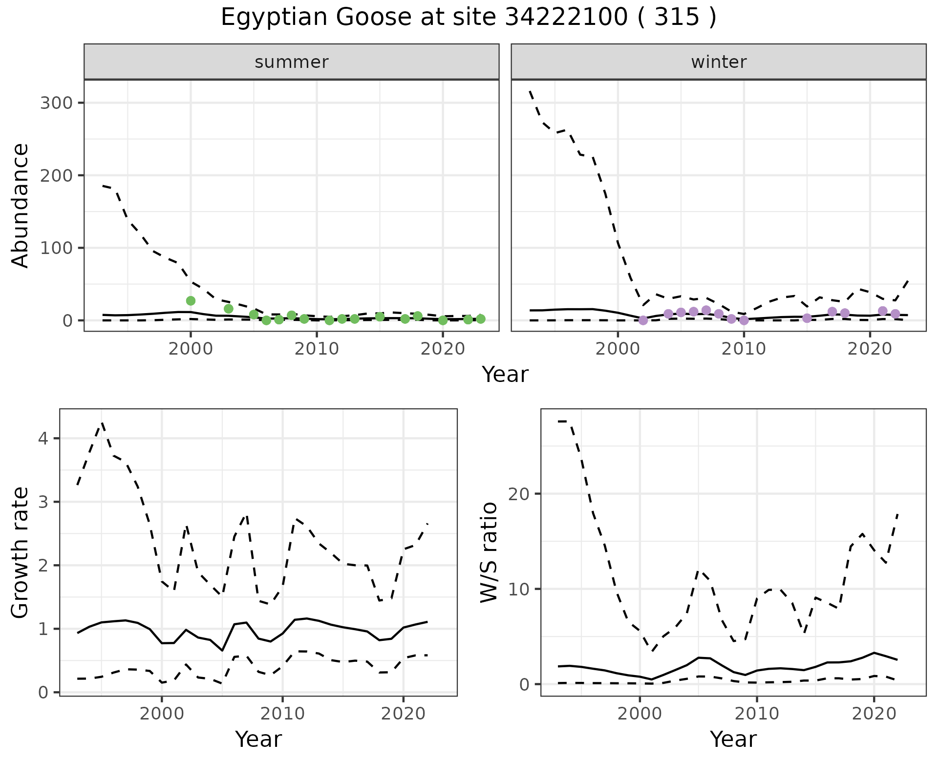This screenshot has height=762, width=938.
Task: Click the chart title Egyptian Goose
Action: tap(468, 18)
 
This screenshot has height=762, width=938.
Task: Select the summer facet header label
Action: tap(291, 62)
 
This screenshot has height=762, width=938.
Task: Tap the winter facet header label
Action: tap(718, 62)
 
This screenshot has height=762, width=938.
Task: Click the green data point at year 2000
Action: tap(191, 301)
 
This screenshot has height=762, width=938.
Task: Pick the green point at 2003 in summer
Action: tap(228, 309)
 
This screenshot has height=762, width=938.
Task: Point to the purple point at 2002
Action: tap(643, 320)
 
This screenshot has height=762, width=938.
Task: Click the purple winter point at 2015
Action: tap(807, 318)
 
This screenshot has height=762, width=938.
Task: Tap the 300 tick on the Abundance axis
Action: tap(56, 103)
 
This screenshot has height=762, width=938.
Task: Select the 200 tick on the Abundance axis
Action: tap(56, 175)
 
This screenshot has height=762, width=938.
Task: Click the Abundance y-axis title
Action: tap(21, 205)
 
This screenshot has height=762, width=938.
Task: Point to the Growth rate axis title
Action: tap(21, 552)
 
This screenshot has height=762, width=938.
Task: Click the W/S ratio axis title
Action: tap(489, 552)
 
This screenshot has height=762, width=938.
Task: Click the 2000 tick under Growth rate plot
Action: tap(161, 714)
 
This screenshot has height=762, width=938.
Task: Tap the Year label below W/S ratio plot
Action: tap(733, 740)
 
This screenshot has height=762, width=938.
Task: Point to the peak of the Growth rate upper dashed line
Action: tap(102, 423)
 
